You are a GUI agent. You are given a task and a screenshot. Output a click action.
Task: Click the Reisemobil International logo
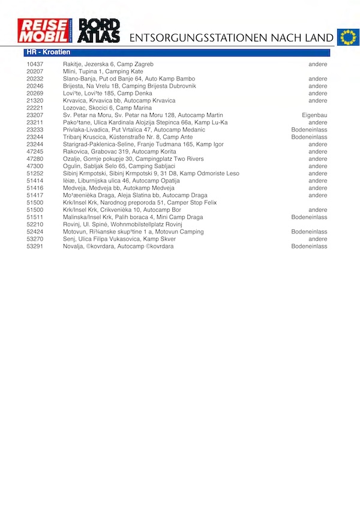coord(45,31)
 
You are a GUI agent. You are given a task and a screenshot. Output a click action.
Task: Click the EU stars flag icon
coord(347,37)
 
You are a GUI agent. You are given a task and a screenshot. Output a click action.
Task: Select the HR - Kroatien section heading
coord(49,53)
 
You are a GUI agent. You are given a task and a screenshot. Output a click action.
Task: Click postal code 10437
coord(35,64)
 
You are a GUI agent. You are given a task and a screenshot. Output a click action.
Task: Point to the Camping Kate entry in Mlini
coord(103,71)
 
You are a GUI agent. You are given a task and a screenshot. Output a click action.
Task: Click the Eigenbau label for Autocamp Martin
coord(314,115)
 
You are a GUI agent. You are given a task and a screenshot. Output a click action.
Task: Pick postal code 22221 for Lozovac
coord(35,108)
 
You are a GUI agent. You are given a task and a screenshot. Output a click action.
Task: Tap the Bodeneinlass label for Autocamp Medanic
coord(309,130)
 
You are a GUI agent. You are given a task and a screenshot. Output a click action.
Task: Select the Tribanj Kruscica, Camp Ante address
coord(128,137)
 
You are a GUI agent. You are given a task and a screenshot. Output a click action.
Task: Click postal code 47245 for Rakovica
coord(35,152)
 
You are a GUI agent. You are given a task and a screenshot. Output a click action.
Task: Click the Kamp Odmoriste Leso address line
coord(151,173)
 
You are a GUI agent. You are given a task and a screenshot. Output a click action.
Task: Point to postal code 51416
coord(35,188)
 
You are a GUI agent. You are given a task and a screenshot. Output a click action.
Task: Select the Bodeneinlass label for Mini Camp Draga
coord(309,217)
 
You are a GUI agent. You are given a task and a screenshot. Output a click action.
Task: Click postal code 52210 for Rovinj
coord(35,224)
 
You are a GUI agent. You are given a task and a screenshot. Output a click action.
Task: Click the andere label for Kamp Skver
coord(318,239)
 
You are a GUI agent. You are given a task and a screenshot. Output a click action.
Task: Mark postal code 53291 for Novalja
coord(35,246)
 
